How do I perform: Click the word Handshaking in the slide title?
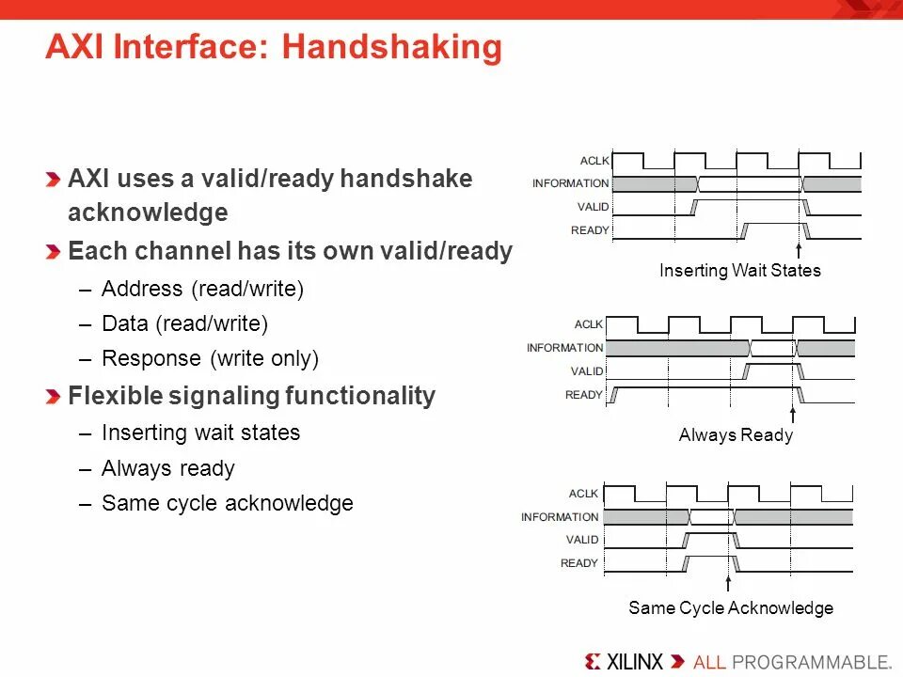tap(392, 48)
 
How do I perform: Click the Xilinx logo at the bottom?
tap(624, 660)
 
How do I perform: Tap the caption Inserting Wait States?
tap(739, 271)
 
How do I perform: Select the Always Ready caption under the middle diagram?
tap(736, 435)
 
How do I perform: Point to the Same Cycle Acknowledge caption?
tap(730, 608)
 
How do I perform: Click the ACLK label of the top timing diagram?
tap(594, 160)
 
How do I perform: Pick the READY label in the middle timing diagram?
tap(583, 395)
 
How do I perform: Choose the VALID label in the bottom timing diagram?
tap(581, 540)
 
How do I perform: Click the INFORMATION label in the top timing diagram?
tap(570, 183)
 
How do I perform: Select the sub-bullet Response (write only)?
tap(210, 358)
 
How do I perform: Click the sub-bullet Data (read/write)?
tap(184, 323)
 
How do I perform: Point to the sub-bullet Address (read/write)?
tap(202, 289)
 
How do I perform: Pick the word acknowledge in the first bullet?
tap(148, 213)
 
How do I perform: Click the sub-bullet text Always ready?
tap(167, 468)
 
